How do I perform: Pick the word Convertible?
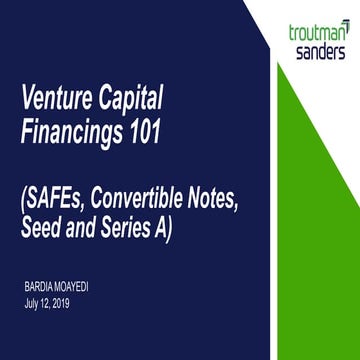tap(162, 197)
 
